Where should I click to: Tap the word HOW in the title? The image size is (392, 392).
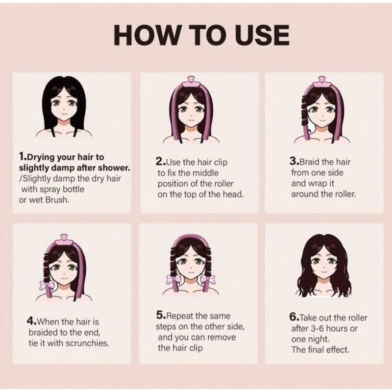(147, 35)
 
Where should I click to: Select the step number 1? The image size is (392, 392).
(22, 157)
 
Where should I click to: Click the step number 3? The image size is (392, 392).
(293, 162)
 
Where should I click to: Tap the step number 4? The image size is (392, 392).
(30, 321)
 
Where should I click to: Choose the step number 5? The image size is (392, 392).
(160, 316)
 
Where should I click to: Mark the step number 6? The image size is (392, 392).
(293, 318)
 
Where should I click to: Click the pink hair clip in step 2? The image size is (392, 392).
(191, 82)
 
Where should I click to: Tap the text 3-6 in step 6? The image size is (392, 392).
(317, 328)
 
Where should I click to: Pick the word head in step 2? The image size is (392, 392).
(234, 195)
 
